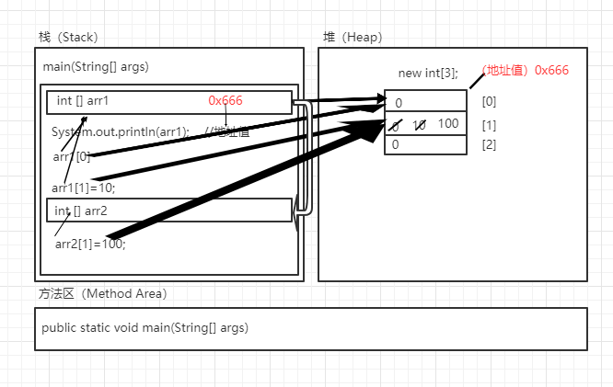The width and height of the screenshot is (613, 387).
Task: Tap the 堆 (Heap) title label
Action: [x=352, y=38]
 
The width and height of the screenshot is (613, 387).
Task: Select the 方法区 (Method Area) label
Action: [x=102, y=294]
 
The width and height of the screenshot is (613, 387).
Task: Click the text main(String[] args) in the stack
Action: [x=96, y=67]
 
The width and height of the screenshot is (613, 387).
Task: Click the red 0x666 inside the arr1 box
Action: [x=226, y=100]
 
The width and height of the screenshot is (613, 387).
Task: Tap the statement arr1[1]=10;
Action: [x=84, y=188]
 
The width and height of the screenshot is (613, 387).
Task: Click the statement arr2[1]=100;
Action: [x=90, y=244]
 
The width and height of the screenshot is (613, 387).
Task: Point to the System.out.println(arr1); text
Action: [x=121, y=131]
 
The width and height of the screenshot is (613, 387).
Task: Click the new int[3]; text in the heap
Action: [x=428, y=74]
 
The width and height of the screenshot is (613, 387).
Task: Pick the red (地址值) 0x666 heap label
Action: [x=525, y=70]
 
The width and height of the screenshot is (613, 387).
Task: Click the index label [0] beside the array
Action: [x=489, y=101]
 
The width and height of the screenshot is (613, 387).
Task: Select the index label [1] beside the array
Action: [x=489, y=124]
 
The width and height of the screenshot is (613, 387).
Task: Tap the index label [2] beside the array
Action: [x=489, y=144]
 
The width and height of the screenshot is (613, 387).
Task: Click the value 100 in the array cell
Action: [x=448, y=123]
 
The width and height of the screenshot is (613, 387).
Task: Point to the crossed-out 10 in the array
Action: [x=419, y=125]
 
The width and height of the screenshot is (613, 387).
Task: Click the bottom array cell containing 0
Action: [x=425, y=144]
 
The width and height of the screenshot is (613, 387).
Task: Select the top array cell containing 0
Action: [x=425, y=102]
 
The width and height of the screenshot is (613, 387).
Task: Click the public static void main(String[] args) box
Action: [x=311, y=328]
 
